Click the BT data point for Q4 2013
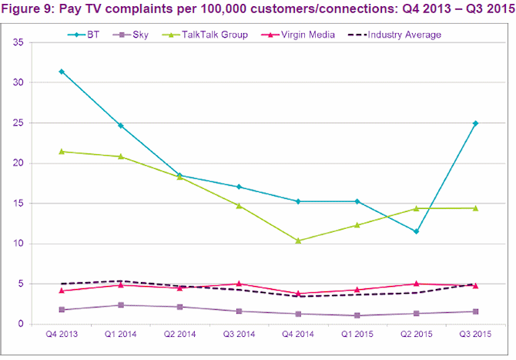(x=61, y=72)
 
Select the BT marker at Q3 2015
(x=476, y=123)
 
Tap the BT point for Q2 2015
(x=417, y=231)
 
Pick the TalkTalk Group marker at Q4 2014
(x=298, y=241)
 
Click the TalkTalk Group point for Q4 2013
(x=61, y=151)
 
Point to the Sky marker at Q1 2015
(x=357, y=315)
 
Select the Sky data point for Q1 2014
(x=120, y=305)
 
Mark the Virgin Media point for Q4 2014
(x=298, y=294)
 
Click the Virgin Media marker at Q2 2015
(x=417, y=284)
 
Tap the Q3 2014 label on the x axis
(x=239, y=335)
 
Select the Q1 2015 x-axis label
(x=357, y=335)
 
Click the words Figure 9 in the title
(x=28, y=11)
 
